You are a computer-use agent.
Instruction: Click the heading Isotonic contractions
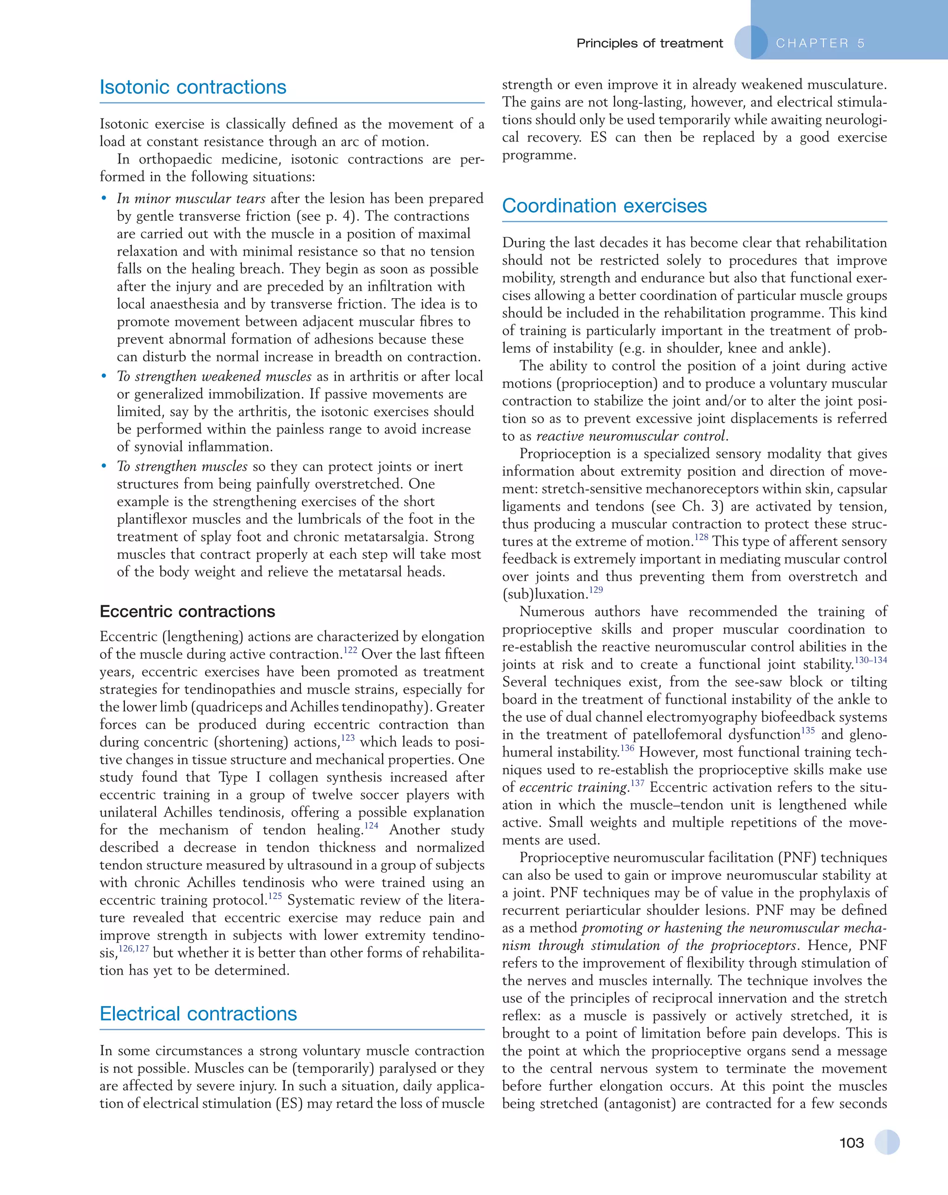193,87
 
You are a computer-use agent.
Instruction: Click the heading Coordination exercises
604,206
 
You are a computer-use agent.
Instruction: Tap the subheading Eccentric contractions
187,611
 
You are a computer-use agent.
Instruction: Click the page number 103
852,1142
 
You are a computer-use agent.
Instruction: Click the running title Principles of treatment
649,43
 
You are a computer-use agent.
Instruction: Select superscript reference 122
350,650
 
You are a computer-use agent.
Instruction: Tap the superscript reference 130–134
871,660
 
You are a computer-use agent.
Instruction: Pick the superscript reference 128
701,537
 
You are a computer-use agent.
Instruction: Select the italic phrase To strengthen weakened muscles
214,376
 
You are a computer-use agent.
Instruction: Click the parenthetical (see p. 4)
326,216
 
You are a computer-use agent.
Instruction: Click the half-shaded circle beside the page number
886,1142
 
